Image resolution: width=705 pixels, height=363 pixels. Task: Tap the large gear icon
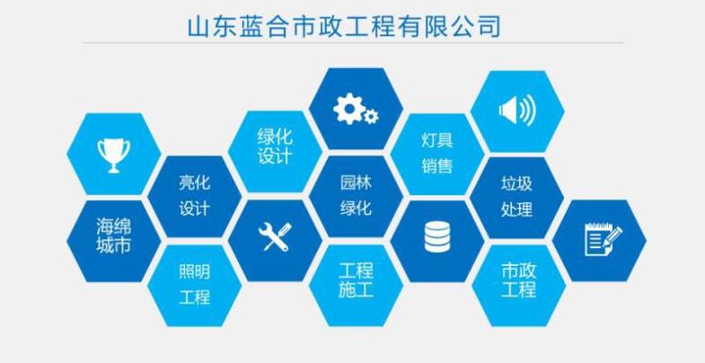pos(348,109)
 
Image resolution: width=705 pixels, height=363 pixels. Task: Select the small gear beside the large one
pos(371,117)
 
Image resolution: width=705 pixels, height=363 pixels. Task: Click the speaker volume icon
pos(517,110)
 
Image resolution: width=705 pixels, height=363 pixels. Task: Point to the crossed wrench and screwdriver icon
pos(275,236)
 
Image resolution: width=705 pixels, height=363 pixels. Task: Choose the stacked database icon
pos(436,236)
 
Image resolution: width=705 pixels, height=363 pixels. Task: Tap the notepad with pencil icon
pos(603,240)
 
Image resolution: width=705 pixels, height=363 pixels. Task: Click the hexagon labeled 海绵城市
pos(114,241)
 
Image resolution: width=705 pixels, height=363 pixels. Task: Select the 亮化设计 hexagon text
pos(194,196)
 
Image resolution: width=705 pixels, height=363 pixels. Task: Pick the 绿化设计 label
pos(275,146)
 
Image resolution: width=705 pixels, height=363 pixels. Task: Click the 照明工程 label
pos(194,285)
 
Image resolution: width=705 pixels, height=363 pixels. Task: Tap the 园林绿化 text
pos(356,196)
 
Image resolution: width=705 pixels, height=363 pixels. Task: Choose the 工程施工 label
pos(356,280)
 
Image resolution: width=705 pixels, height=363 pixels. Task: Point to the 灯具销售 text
pos(437,153)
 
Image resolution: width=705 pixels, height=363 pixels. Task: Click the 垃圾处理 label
pos(516,196)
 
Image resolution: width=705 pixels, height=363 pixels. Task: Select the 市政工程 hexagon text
pos(518,279)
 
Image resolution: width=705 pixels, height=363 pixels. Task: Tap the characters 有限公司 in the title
pos(450,26)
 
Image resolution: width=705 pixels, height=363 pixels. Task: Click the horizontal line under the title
pos(352,43)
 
